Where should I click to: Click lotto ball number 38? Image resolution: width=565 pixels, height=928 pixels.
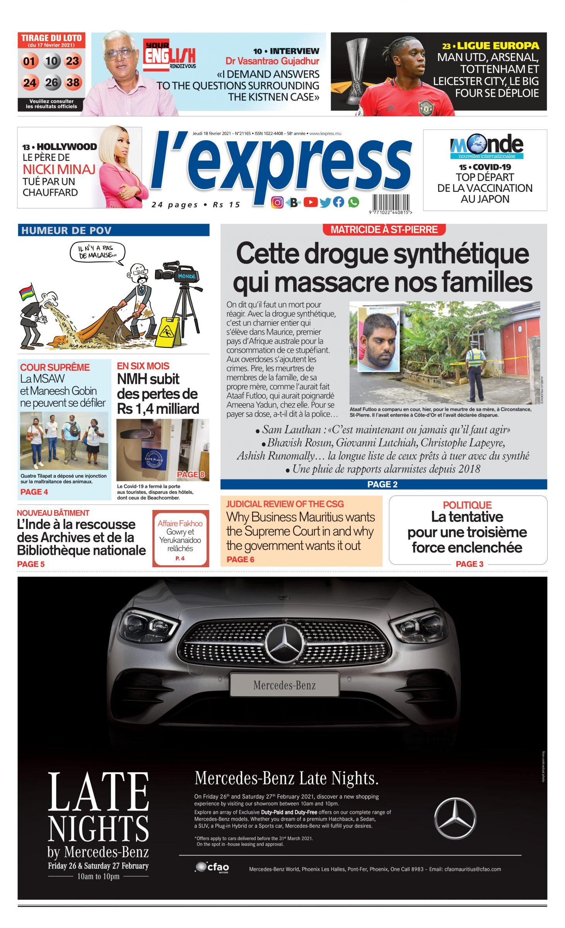(73, 83)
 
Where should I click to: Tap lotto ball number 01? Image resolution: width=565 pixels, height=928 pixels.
(29, 61)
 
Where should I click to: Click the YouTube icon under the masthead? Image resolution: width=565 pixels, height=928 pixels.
(310, 202)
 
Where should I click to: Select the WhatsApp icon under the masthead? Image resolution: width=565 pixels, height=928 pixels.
(353, 202)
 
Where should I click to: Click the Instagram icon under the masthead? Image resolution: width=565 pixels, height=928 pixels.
(277, 202)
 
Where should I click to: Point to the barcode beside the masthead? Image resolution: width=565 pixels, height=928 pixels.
(391, 202)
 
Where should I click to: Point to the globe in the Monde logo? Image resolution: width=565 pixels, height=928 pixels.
(479, 145)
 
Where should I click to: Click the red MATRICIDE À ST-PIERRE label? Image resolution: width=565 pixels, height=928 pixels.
(384, 230)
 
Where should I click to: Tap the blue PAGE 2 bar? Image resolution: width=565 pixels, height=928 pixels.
(383, 484)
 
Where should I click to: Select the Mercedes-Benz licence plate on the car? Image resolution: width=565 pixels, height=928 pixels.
(284, 686)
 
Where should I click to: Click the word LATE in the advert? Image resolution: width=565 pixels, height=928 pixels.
(99, 792)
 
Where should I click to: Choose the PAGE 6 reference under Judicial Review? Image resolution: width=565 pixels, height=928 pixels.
(240, 559)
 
